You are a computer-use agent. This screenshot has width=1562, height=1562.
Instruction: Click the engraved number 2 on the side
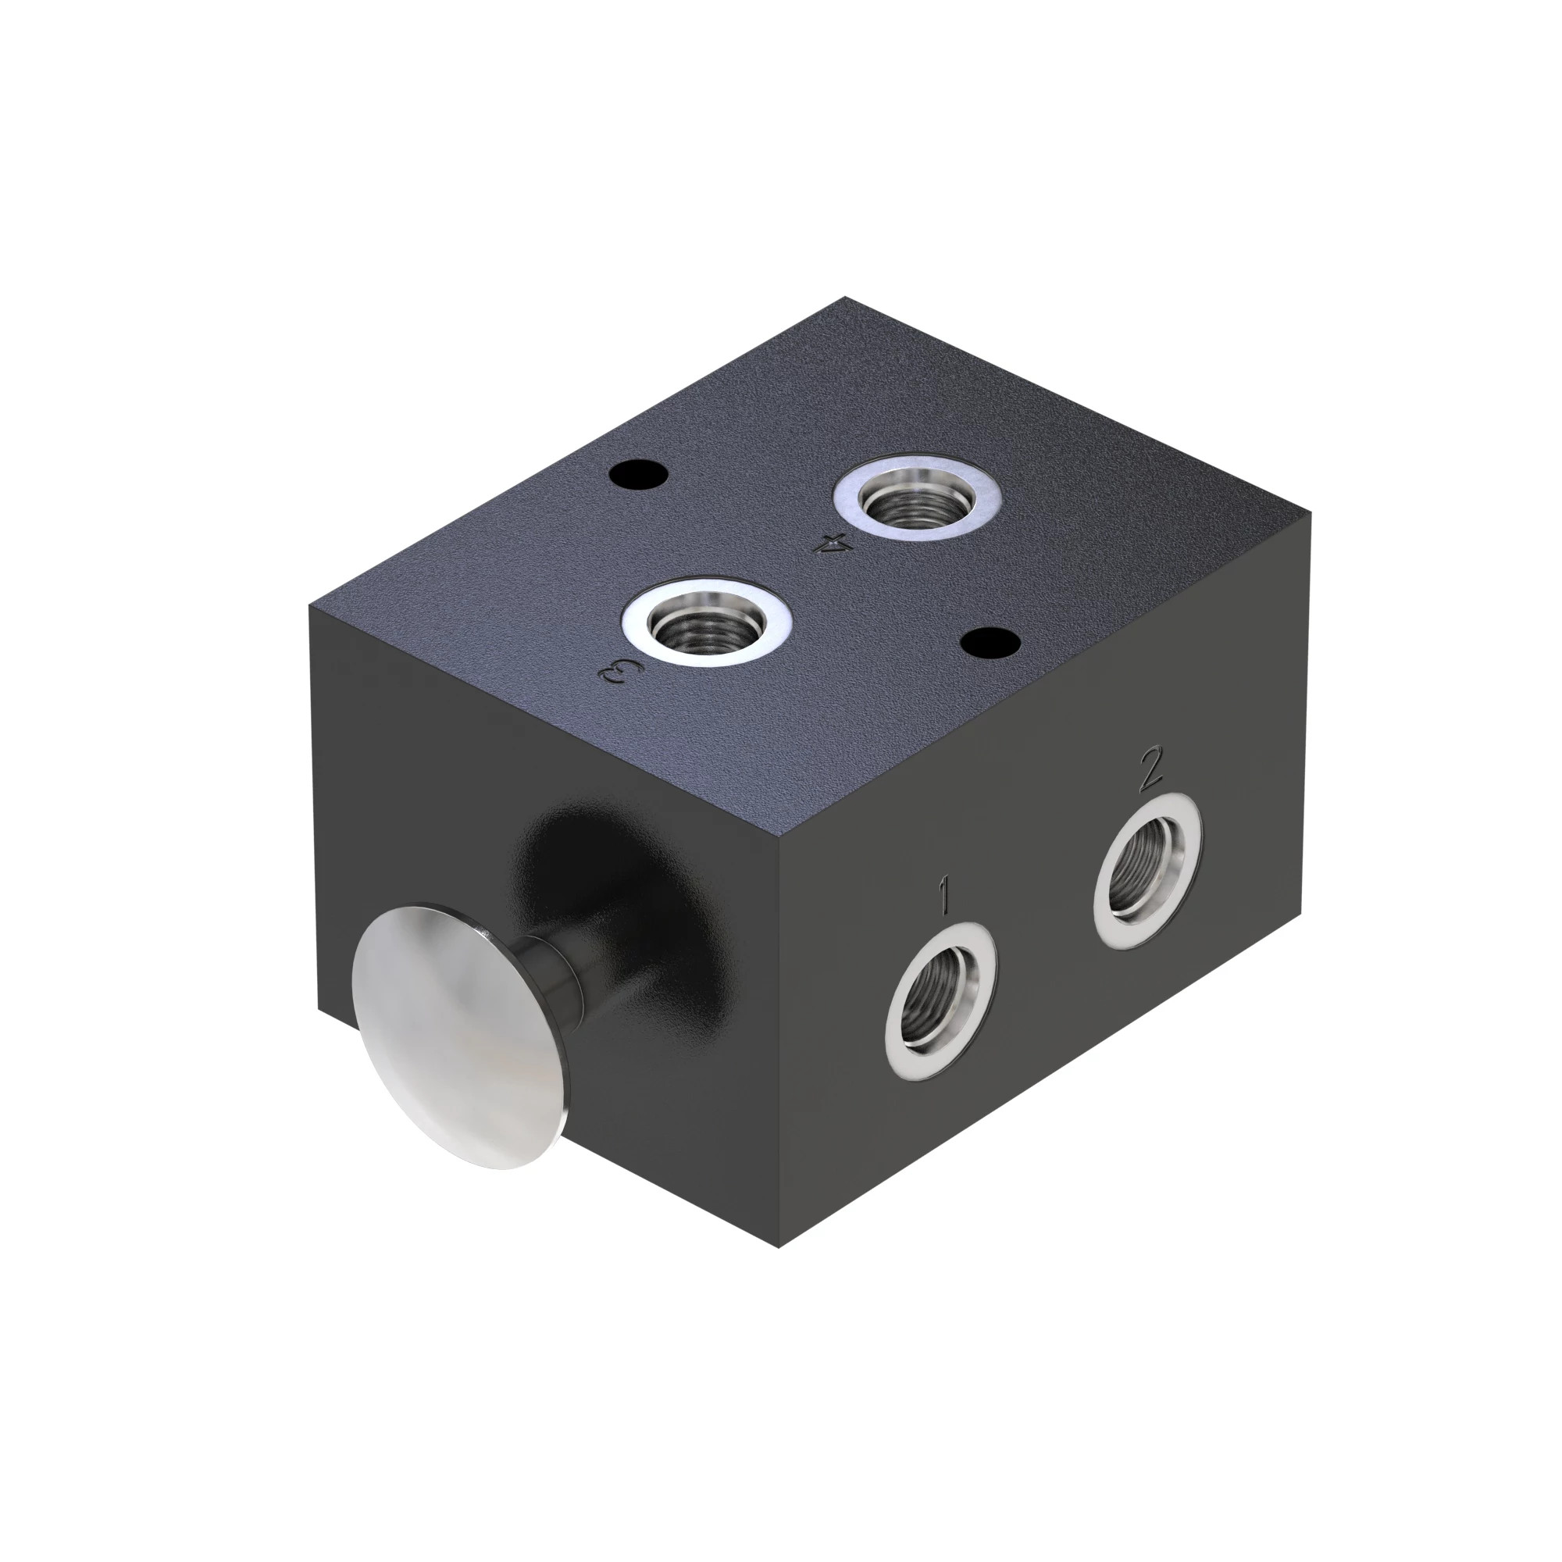point(1149,770)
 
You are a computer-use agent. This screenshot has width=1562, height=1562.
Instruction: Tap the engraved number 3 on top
point(620,671)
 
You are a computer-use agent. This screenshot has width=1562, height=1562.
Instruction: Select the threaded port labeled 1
point(940,1004)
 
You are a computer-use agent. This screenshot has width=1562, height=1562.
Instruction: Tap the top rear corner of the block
point(846,298)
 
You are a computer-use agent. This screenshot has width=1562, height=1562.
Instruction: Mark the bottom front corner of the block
point(778,1247)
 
